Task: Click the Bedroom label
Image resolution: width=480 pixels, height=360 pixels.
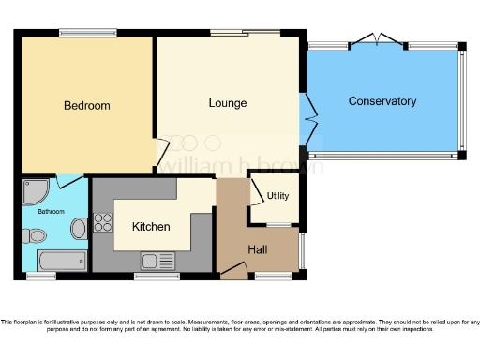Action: point(87,106)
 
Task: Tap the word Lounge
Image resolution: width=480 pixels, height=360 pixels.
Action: point(228,102)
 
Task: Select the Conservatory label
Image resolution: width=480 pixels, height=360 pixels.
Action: point(382,101)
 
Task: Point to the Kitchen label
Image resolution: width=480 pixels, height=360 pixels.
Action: point(151,227)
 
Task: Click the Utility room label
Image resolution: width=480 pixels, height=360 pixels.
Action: point(277,196)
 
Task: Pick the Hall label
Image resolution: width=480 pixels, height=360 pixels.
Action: point(258,249)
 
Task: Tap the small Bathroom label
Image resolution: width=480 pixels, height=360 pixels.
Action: point(51,212)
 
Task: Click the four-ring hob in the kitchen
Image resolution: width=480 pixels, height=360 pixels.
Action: point(103,223)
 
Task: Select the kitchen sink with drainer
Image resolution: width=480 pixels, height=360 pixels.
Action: point(157,260)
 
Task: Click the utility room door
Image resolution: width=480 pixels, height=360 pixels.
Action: point(256,191)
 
